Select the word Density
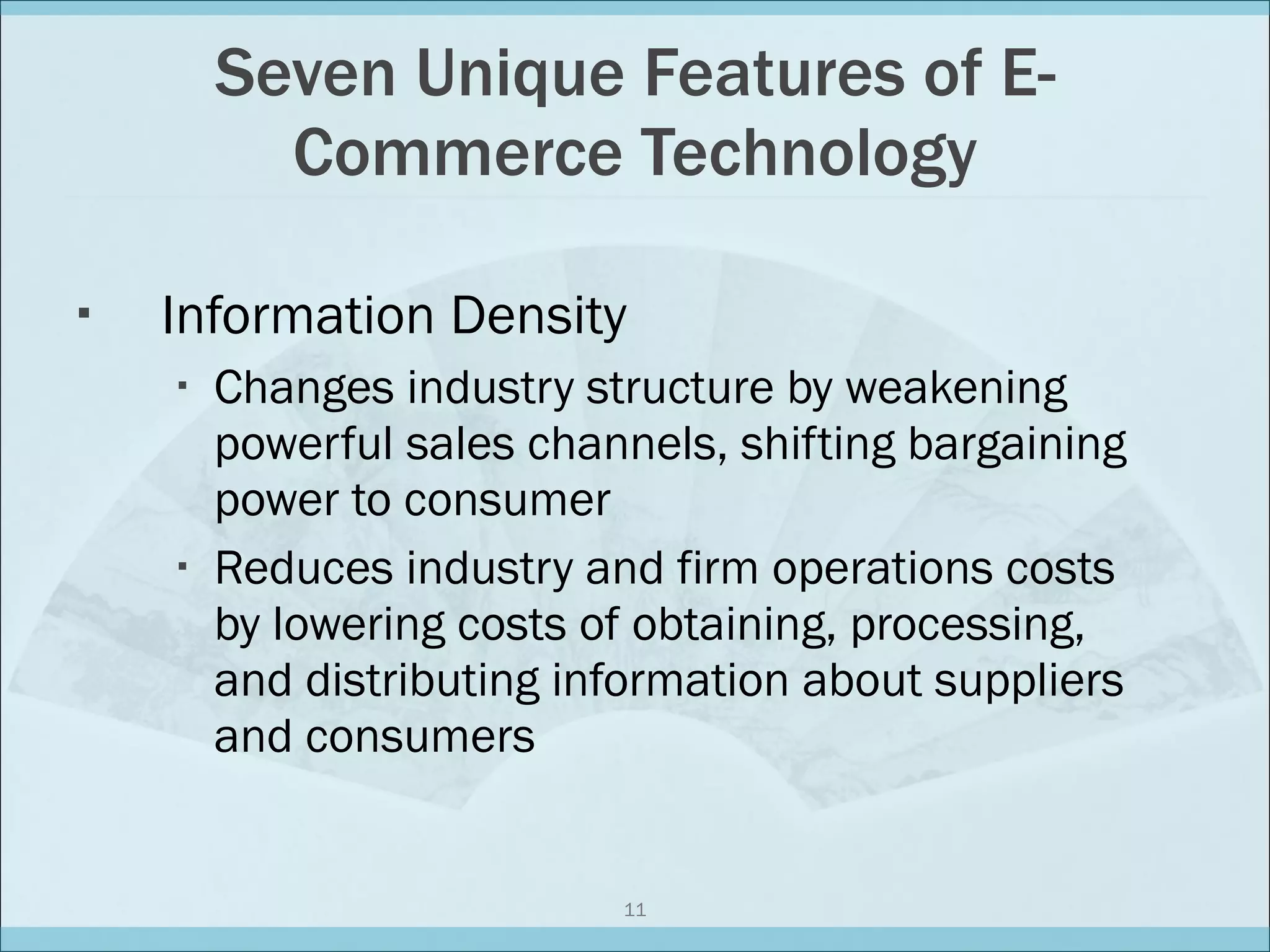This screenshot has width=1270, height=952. click(538, 317)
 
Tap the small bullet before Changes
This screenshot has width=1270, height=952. click(182, 386)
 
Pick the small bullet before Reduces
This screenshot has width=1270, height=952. click(182, 566)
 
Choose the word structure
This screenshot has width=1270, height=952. click(680, 388)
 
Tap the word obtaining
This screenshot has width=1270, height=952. click(734, 625)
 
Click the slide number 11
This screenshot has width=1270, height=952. click(635, 910)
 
